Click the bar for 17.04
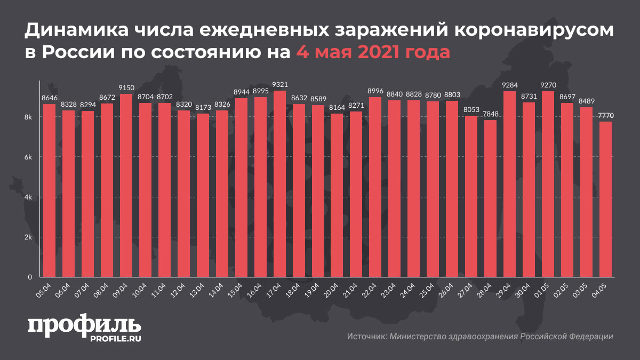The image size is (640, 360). (279, 184)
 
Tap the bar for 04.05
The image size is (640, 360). (606, 199)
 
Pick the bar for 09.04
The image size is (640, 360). (126, 186)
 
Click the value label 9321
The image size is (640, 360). (279, 85)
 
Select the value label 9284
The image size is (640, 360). (510, 85)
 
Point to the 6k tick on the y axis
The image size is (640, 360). (29, 157)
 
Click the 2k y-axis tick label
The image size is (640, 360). (29, 237)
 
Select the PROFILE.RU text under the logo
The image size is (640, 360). (111, 339)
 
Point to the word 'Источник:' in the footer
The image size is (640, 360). (366, 337)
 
